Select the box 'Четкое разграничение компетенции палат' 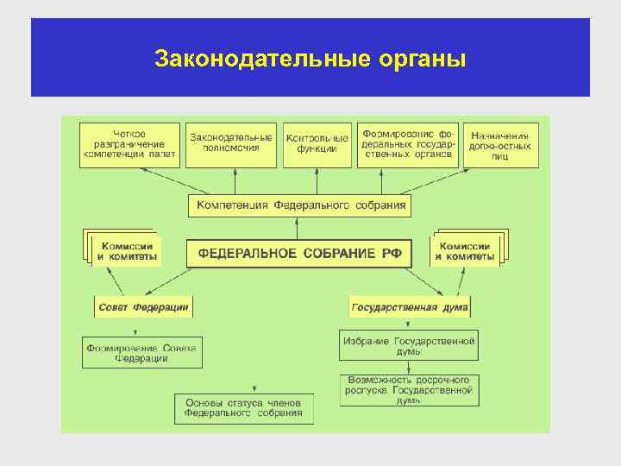[x=130, y=144]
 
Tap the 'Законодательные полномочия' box [x=231, y=144]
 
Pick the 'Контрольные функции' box [x=317, y=144]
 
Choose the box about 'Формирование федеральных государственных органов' [x=408, y=144]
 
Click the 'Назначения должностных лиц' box [x=500, y=144]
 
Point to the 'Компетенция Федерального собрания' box [x=299, y=206]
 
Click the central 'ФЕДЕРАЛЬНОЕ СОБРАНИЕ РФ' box [x=299, y=254]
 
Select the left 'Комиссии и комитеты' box [x=126, y=251]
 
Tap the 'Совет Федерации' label [x=143, y=307]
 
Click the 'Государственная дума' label [x=410, y=307]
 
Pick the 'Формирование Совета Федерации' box [x=142, y=353]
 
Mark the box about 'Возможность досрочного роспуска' [x=410, y=390]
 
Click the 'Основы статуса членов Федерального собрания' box [x=244, y=407]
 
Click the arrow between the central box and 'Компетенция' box [x=298, y=229]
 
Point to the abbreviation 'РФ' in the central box [x=388, y=254]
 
